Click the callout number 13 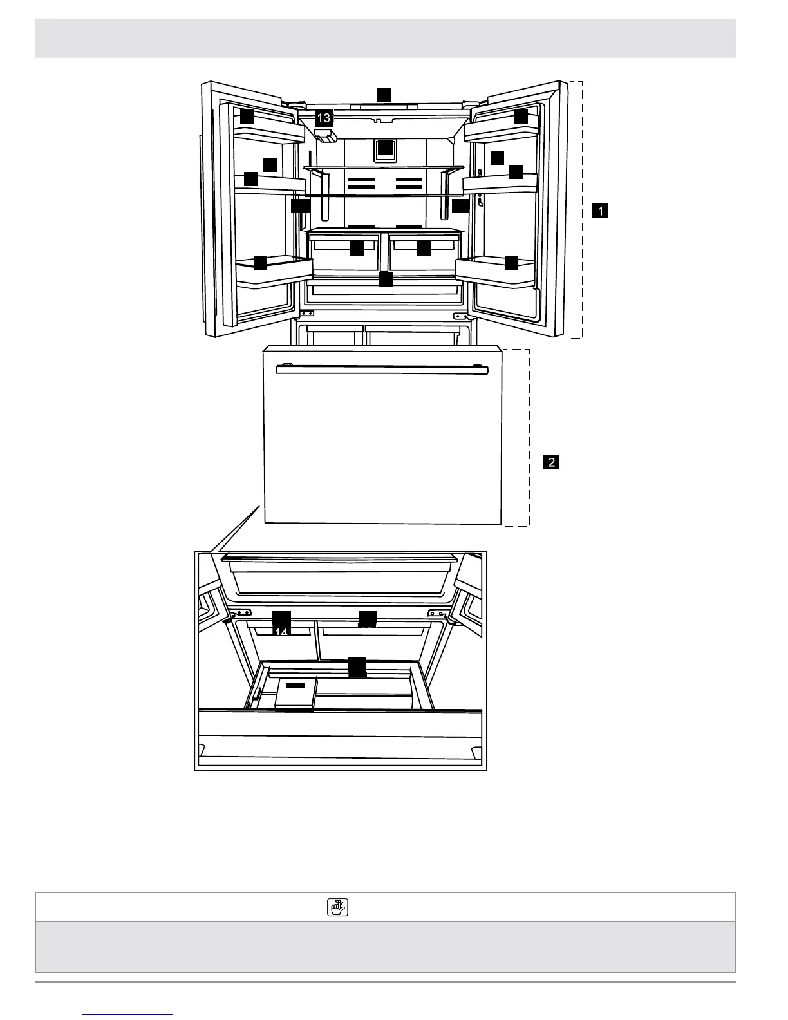click(x=323, y=117)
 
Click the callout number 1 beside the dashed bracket click(x=600, y=211)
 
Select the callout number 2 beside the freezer click(x=550, y=462)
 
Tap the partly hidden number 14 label click(x=281, y=623)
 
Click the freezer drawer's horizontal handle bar click(x=382, y=370)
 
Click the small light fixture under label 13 click(x=326, y=135)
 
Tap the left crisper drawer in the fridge click(x=344, y=253)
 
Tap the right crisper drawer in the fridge click(x=425, y=253)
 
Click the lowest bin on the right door click(x=496, y=269)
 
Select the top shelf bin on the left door click(x=268, y=132)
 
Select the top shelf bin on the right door click(x=501, y=131)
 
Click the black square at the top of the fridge click(x=384, y=93)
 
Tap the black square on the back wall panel click(x=385, y=148)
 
